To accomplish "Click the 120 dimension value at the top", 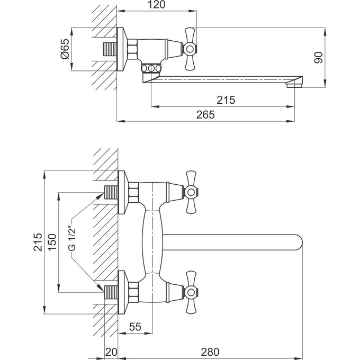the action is tap(156, 5).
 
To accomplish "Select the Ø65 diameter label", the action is tap(65, 49).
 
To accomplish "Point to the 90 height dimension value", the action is tap(319, 57).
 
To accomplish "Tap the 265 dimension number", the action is tap(205, 114).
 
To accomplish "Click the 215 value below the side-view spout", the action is tap(226, 100).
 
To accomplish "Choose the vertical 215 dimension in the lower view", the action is tap(38, 242).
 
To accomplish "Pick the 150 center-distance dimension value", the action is tap(52, 242).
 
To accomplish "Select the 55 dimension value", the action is tap(135, 327).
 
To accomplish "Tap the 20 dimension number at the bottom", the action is tap(111, 352).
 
